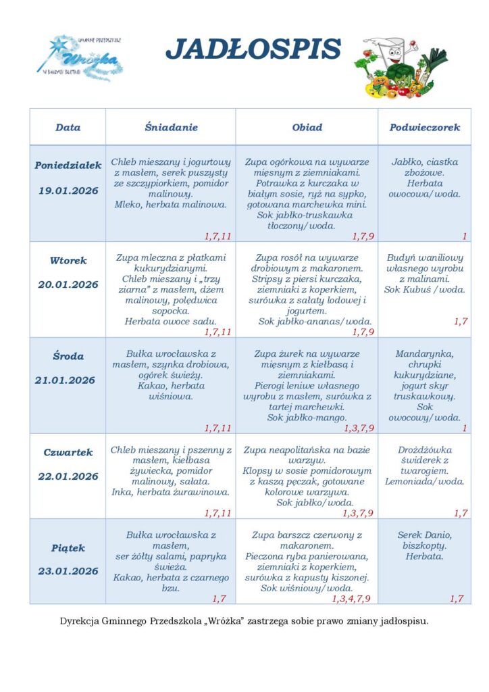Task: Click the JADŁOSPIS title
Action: (253, 49)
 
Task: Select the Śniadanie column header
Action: (171, 127)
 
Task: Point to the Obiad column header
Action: (307, 127)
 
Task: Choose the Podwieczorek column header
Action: (424, 127)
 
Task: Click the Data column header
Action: (68, 127)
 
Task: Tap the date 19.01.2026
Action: (68, 191)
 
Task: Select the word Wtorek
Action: (68, 260)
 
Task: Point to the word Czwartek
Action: (68, 452)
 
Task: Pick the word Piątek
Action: (68, 547)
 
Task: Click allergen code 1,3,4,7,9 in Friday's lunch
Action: (351, 599)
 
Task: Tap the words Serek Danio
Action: (424, 535)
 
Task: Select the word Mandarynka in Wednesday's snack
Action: (424, 353)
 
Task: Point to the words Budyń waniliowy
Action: (424, 257)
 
